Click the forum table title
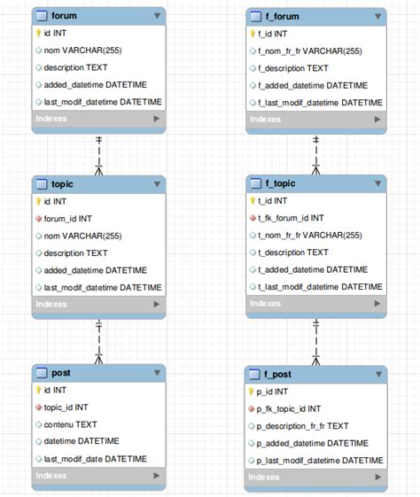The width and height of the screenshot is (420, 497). point(64,16)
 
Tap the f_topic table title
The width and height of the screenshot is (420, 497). point(279,183)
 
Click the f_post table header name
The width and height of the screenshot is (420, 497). point(277,374)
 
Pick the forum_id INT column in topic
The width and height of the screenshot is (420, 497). point(67,218)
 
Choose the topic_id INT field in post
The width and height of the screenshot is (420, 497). point(66,407)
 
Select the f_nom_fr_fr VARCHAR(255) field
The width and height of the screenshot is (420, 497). point(322,50)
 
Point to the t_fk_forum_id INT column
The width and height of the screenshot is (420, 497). point(292,218)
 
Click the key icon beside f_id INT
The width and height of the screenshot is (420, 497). point(252,34)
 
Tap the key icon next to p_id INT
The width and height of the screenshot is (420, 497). point(252,392)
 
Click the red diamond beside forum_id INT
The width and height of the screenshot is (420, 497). point(38,218)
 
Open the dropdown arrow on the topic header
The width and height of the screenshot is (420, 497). point(157,184)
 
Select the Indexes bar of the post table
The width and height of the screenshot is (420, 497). point(98,476)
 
